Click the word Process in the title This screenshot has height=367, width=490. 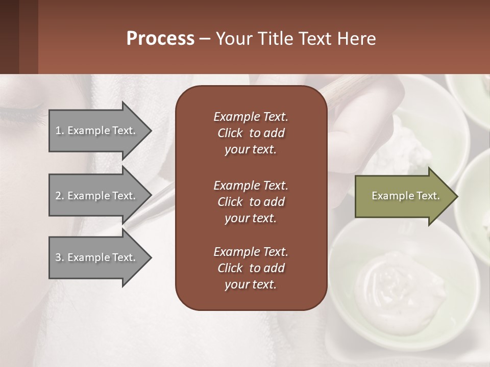click(160, 39)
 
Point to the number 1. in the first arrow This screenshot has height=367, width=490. click(60, 130)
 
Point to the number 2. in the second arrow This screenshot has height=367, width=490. click(60, 196)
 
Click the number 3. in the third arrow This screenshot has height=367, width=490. click(60, 257)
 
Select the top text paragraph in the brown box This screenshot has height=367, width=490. click(251, 133)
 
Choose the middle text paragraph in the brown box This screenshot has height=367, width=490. click(251, 202)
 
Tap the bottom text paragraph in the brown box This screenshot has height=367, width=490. click(251, 268)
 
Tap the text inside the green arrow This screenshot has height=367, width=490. click(406, 196)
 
